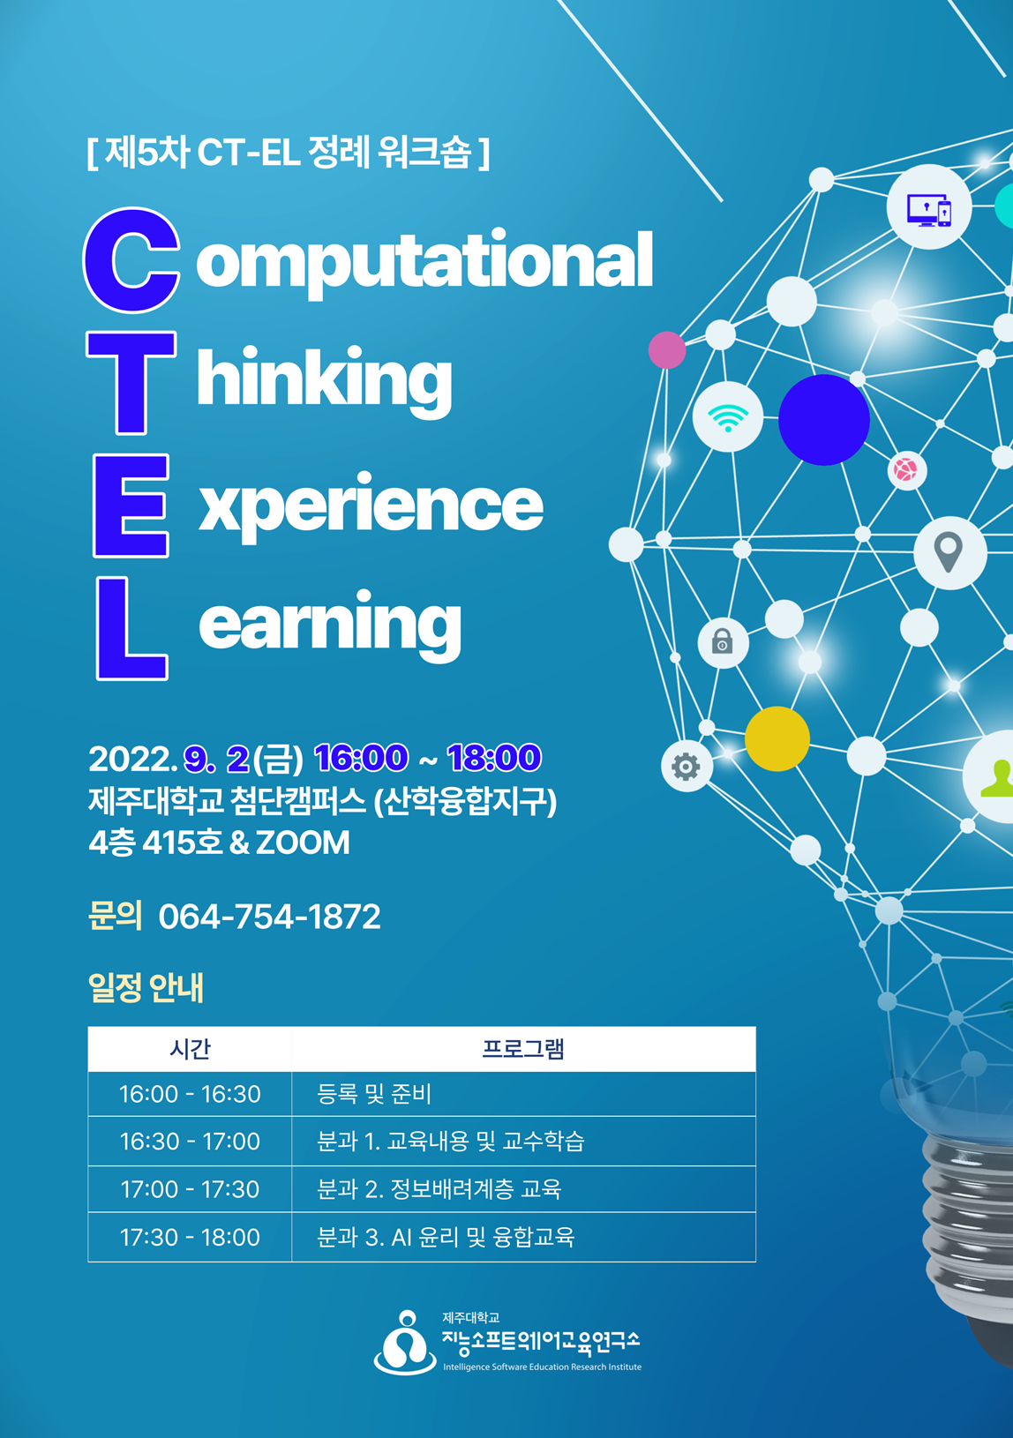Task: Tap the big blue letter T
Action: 131,383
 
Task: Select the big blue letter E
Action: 131,506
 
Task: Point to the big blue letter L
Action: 131,628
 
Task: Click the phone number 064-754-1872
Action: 270,916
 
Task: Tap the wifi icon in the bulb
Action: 727,418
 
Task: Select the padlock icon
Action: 722,640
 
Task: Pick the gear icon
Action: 686,767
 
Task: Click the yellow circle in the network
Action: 777,739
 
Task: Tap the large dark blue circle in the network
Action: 823,420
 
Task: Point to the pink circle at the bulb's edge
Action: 667,350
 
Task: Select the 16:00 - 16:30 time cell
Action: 190,1094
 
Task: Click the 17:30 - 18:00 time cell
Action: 190,1237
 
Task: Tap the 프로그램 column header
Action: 523,1049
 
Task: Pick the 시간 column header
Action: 190,1049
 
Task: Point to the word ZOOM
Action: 303,843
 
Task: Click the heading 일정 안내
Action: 146,988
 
